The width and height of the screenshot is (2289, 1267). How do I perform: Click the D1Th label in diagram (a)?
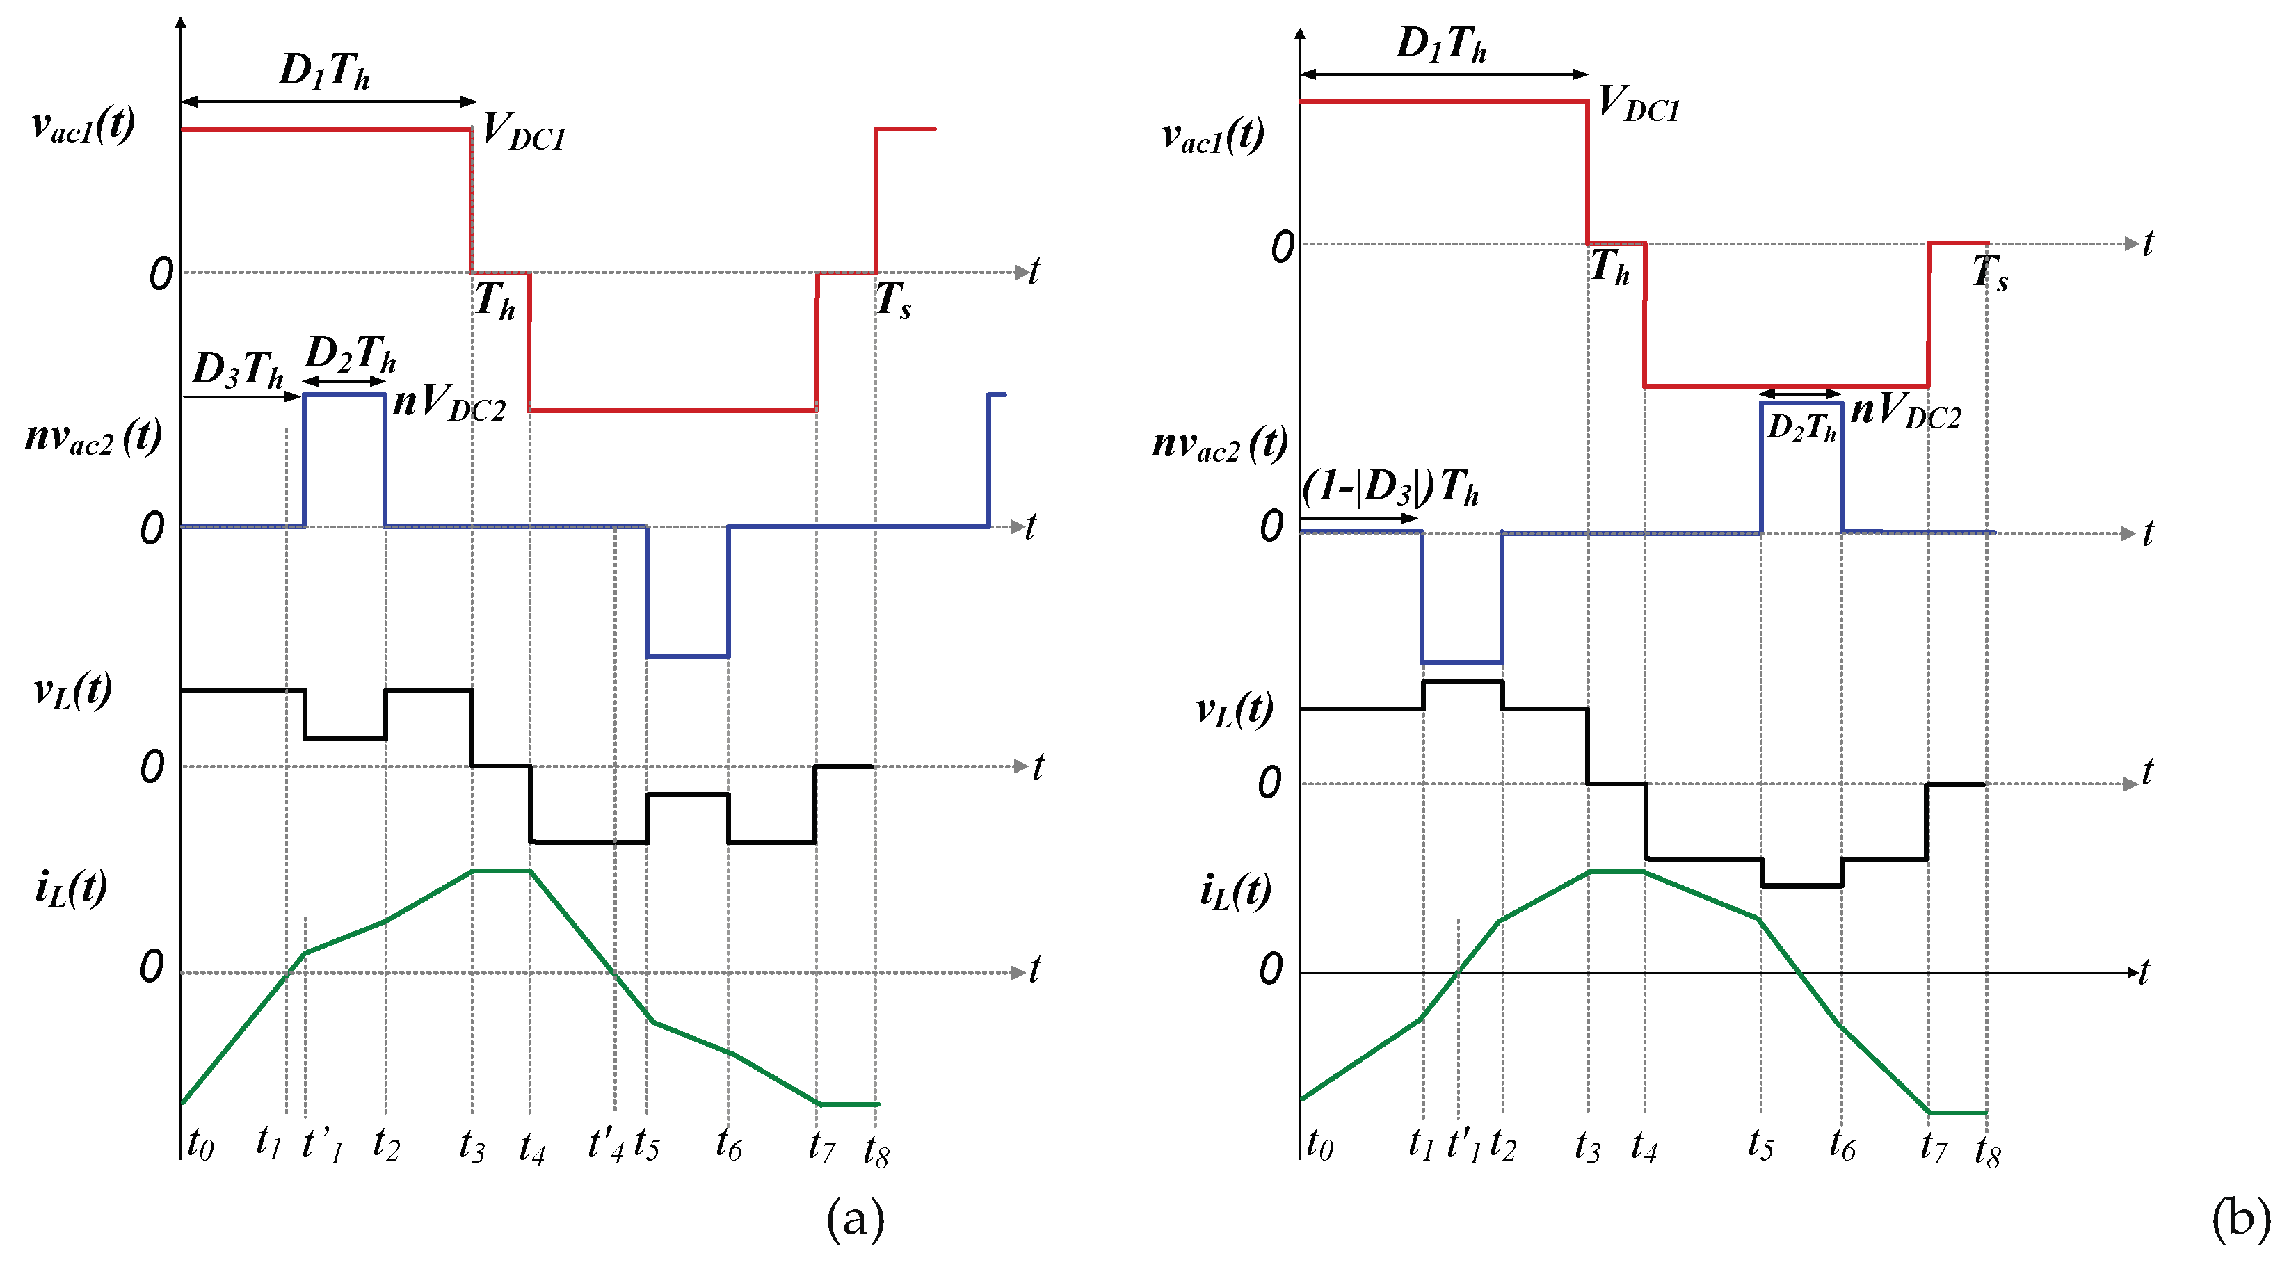[324, 70]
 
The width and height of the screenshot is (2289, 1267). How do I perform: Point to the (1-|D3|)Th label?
[1390, 487]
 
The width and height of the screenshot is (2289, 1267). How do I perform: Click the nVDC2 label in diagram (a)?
[449, 403]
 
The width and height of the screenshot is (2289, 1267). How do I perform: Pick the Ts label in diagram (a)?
[893, 300]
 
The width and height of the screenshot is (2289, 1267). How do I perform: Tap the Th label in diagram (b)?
[1609, 266]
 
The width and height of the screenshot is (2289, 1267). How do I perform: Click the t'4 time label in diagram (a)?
[605, 1145]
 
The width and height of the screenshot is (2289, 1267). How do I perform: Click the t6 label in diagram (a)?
[729, 1145]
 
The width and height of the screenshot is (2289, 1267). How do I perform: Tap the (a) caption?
[855, 1219]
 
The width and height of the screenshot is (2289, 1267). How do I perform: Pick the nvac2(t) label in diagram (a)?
[93, 437]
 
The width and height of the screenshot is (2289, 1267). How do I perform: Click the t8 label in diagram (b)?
[1988, 1152]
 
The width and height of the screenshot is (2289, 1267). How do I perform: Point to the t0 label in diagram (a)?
[200, 1145]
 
